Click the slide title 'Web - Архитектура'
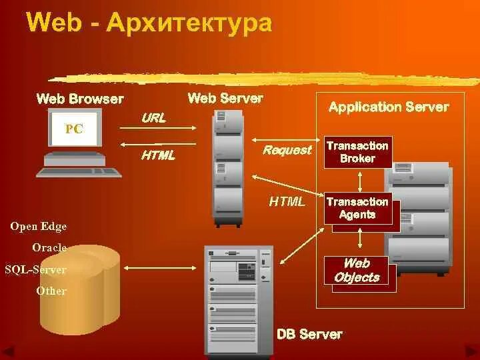click(x=149, y=23)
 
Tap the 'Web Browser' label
click(x=80, y=99)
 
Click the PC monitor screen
click(x=74, y=129)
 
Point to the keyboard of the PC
click(x=79, y=172)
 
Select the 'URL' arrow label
click(x=153, y=118)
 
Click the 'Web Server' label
click(x=225, y=99)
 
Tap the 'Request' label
click(x=287, y=150)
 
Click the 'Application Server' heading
click(x=389, y=107)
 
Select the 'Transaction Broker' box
click(x=358, y=152)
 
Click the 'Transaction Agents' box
click(x=358, y=208)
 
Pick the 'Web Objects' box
click(x=357, y=271)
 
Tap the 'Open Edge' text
click(x=39, y=227)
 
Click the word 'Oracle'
click(x=49, y=248)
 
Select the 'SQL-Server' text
click(x=35, y=269)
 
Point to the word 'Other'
click(x=51, y=291)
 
